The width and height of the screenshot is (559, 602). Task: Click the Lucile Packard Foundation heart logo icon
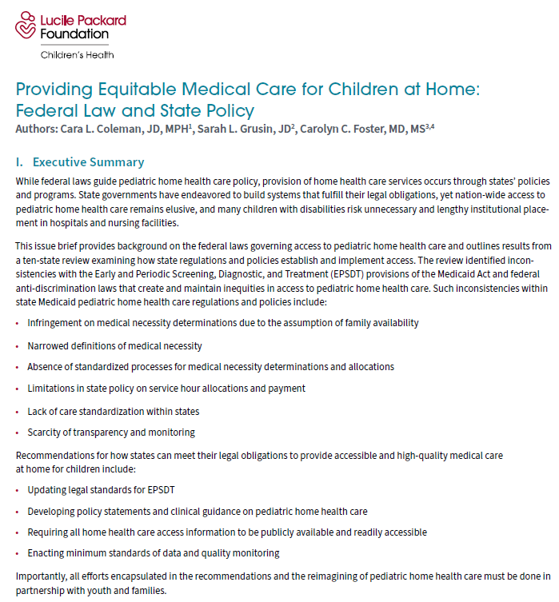tap(26, 26)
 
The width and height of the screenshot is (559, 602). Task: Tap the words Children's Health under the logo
tap(77, 55)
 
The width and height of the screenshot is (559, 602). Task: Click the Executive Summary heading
tap(88, 162)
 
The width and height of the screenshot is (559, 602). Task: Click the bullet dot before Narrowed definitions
tap(18, 346)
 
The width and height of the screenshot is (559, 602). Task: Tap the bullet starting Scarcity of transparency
tap(111, 433)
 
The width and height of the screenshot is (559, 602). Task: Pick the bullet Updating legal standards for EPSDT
tap(109, 488)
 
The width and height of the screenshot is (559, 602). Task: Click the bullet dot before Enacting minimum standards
tap(18, 553)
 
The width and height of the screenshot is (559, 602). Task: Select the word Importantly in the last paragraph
tap(40, 576)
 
